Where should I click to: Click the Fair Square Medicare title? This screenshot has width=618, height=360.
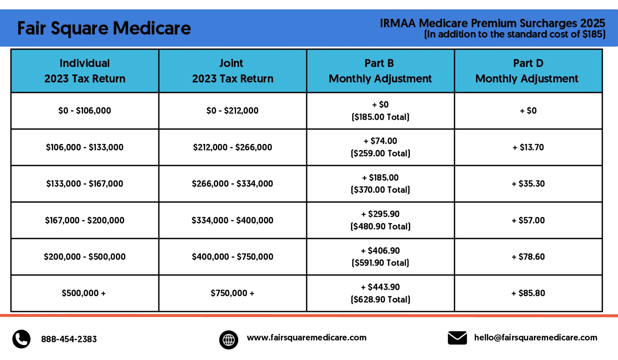[x=104, y=28]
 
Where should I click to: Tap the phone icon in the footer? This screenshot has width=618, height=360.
[x=21, y=339]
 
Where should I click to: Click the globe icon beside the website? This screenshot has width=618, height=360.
[x=229, y=340]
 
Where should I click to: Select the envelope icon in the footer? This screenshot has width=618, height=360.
[x=457, y=338]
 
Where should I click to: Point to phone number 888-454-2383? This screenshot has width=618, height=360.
[x=69, y=339]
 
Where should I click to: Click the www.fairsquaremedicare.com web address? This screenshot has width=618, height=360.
[x=306, y=337]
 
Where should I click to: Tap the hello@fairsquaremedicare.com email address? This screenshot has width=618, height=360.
[x=536, y=337]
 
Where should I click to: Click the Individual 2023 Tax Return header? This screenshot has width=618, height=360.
[x=85, y=71]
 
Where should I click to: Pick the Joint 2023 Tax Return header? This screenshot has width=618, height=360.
[x=232, y=71]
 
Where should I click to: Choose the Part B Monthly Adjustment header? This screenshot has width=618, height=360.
[x=380, y=71]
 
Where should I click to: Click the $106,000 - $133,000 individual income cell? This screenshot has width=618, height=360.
[x=85, y=147]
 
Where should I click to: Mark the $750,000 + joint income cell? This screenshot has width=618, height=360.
[x=232, y=293]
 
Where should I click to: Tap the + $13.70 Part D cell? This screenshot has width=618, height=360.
[x=528, y=147]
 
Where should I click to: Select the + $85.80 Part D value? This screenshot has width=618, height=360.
[x=528, y=293]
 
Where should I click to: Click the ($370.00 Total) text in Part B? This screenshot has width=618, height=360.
[x=380, y=190]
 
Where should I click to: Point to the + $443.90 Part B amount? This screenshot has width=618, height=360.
[x=380, y=287]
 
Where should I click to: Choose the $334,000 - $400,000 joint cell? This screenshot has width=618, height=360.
[x=232, y=220]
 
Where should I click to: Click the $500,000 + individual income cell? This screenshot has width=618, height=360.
[x=84, y=293]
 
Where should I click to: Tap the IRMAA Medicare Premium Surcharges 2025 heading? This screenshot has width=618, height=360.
[x=492, y=23]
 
